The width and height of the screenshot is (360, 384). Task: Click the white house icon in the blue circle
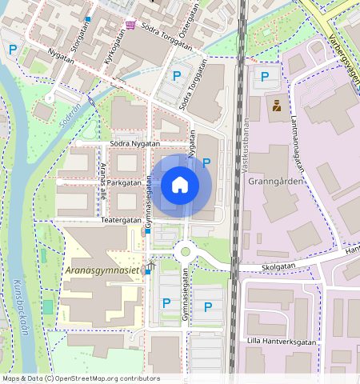click(180, 186)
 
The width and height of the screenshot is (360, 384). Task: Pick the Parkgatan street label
click(122, 182)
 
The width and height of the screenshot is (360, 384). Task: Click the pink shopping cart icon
click(130, 26)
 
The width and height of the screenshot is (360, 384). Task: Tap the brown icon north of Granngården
click(277, 106)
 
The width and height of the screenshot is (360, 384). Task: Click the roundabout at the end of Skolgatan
click(186, 252)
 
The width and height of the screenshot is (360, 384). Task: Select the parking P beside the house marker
click(206, 162)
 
